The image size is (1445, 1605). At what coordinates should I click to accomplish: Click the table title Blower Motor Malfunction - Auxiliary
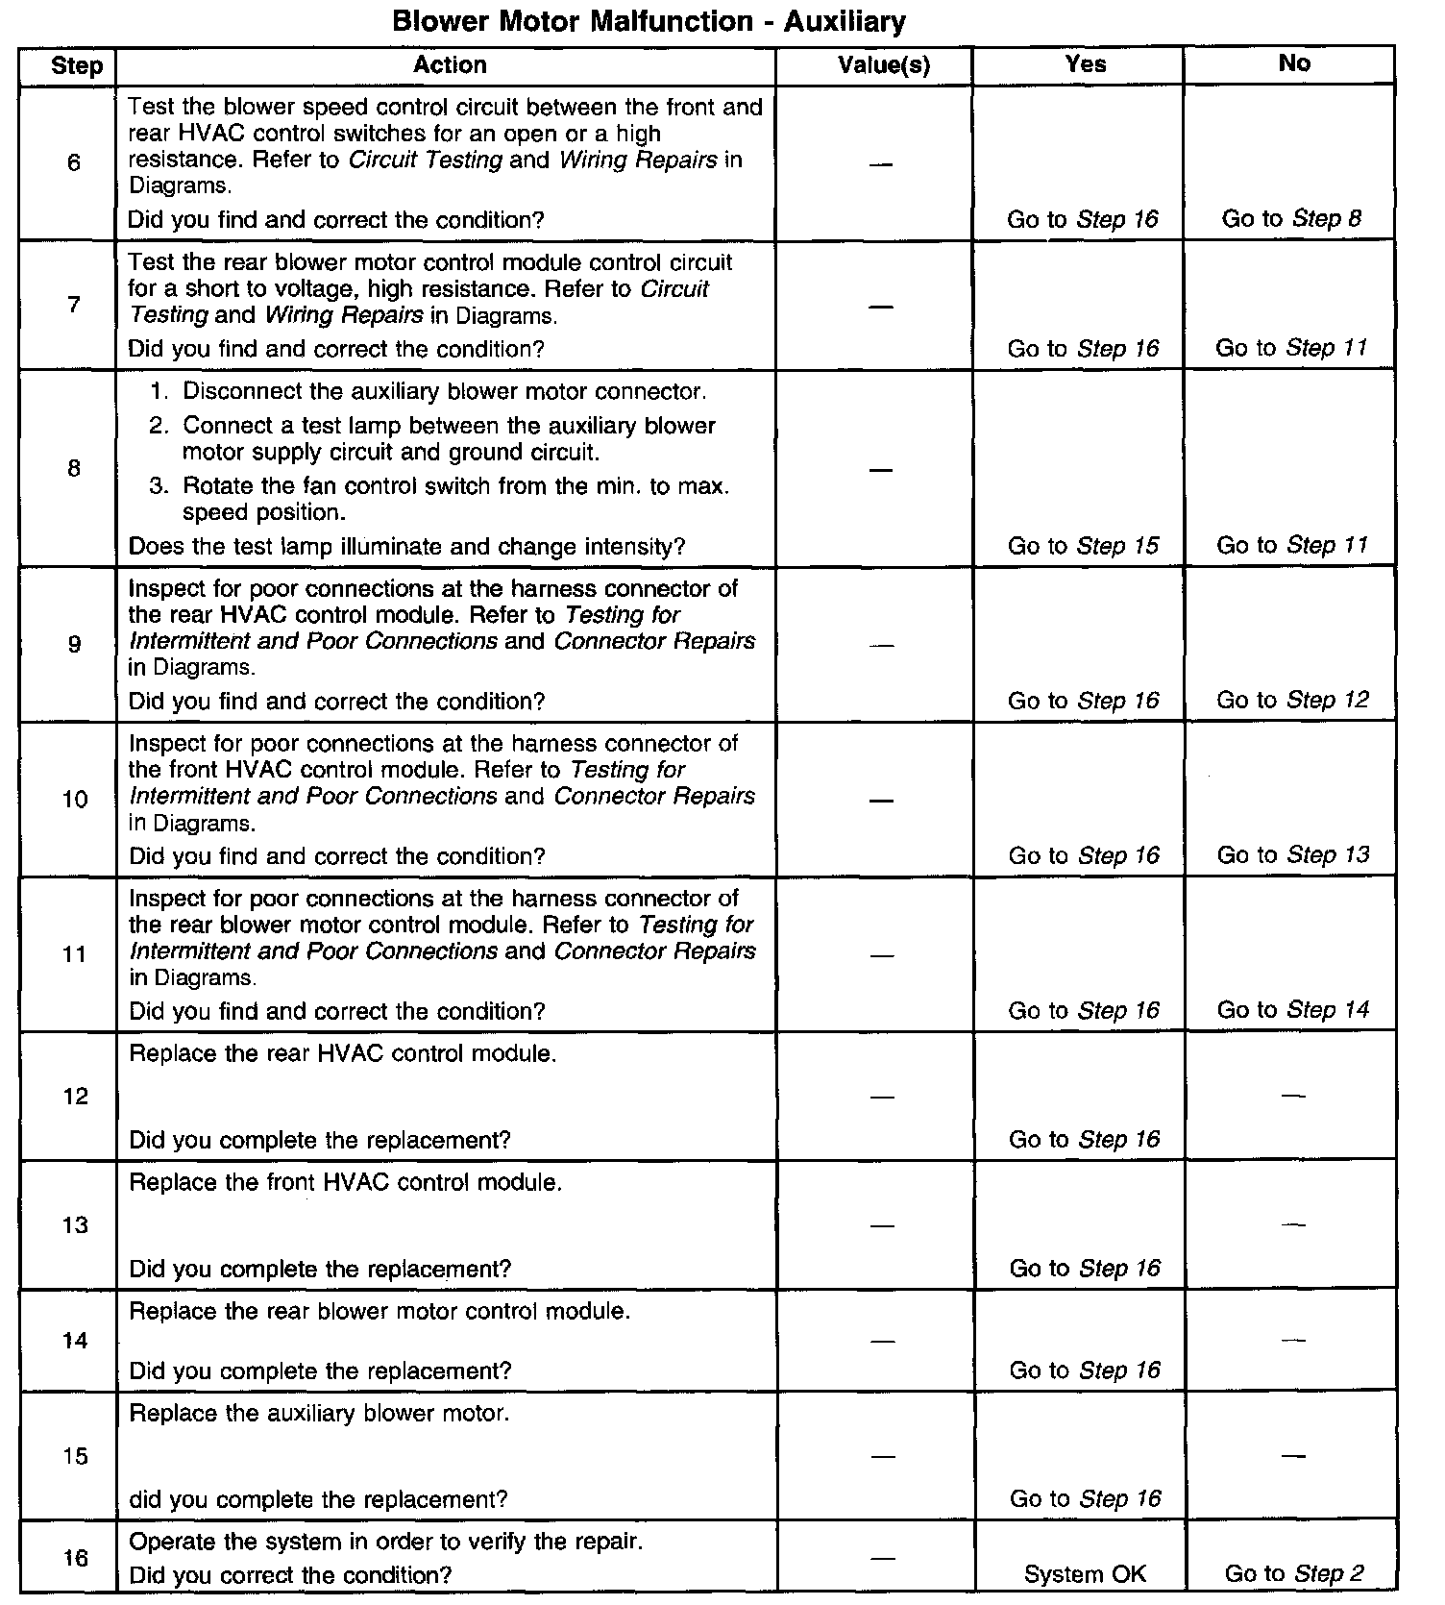coord(649,21)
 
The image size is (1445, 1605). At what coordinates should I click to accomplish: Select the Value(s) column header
coord(884,65)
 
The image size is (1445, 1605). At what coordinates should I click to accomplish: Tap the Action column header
coord(450,65)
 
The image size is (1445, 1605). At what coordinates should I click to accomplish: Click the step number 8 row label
coord(74,469)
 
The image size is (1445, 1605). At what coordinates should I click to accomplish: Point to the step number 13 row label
coord(75,1225)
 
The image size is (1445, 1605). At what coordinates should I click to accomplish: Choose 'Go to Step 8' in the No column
coord(1291,219)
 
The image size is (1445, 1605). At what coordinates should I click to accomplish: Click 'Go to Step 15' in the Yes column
coord(1084,546)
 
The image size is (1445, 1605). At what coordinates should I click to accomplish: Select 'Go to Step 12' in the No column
coord(1292,701)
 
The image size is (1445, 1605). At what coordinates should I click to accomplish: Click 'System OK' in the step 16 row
coord(1085,1574)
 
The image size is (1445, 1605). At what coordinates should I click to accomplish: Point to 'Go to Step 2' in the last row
coord(1294,1574)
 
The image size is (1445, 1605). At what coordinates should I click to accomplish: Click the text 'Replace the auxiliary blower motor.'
coord(319,1414)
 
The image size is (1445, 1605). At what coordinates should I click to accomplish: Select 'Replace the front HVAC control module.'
coord(345,1182)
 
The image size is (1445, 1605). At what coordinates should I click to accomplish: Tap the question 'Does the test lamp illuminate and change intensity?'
coord(406,547)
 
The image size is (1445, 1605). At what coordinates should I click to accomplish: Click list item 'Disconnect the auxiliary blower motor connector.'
coord(444,392)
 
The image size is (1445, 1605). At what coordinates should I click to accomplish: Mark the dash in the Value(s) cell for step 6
coord(881,164)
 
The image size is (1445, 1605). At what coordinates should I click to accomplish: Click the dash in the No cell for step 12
coord(1293,1096)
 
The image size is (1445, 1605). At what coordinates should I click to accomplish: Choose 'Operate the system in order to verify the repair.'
coord(385,1542)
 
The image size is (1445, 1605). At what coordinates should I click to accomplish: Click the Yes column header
coord(1086,64)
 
